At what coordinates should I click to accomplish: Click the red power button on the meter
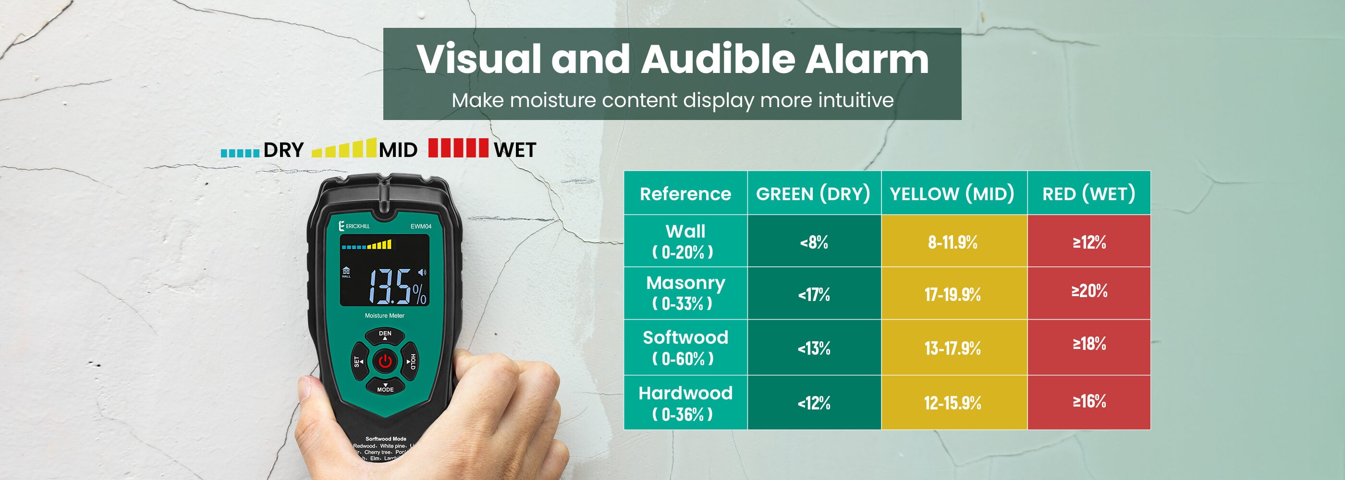coord(385,361)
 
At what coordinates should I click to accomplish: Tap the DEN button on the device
coord(385,335)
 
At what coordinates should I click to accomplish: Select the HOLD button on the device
coord(411,361)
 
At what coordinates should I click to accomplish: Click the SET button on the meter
coord(358,361)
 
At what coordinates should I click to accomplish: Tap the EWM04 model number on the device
coord(420,227)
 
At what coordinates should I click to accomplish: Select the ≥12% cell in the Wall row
coord(1088,241)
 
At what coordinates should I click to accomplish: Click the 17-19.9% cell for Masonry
coord(954,294)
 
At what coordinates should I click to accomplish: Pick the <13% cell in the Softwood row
coord(814,348)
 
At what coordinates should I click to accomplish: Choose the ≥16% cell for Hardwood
coord(1088,401)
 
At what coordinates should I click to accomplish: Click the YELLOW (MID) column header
coord(953,193)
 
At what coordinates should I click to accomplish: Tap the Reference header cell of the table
coord(685,193)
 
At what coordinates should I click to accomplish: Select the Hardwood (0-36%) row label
coord(685,403)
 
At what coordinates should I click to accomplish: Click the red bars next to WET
coord(458,148)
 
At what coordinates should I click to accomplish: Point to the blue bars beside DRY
coord(240,153)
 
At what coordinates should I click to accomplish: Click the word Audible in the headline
coord(718,59)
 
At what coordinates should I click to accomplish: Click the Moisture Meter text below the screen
coord(384,316)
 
